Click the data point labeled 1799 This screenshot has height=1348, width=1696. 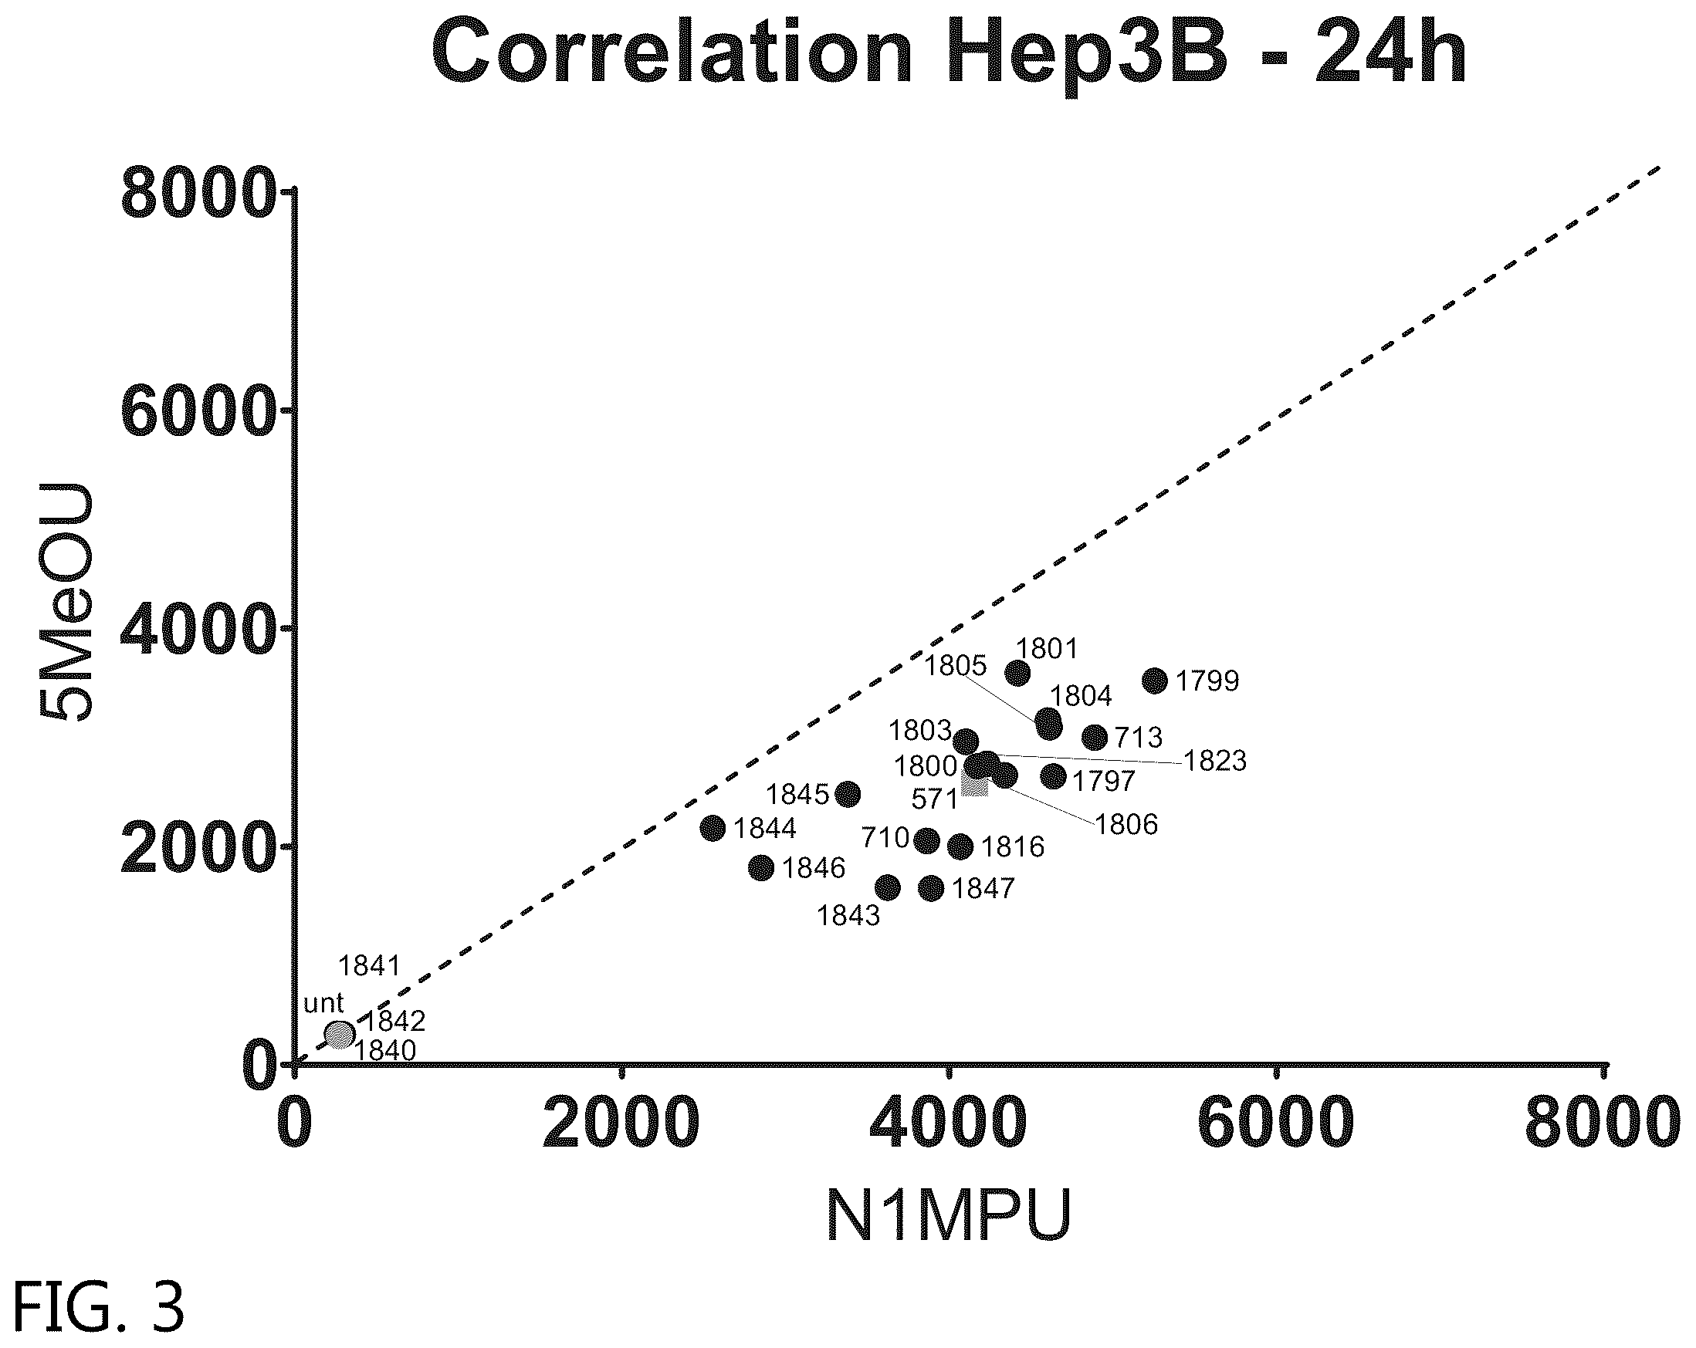coord(1155,681)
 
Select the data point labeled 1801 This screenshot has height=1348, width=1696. coord(1018,672)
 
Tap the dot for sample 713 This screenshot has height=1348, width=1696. coord(1095,738)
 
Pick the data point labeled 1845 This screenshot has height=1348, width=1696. coord(847,794)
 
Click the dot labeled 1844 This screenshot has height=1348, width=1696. coord(713,828)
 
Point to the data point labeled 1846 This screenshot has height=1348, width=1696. coord(761,868)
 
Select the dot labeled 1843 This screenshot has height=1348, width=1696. coord(887,888)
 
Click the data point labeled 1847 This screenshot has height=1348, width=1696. coord(932,889)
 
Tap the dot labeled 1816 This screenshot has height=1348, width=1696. coord(960,847)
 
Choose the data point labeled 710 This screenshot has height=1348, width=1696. coord(927,841)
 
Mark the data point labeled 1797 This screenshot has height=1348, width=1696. coord(1053,777)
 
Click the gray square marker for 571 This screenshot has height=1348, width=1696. coord(975,784)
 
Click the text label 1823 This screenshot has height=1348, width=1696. coord(1215,762)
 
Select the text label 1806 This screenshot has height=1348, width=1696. coord(1126,824)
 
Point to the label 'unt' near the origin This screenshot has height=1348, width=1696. coord(323,1004)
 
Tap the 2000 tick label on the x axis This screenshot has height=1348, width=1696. coord(621,1126)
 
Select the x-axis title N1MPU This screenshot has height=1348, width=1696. coord(950,1215)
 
